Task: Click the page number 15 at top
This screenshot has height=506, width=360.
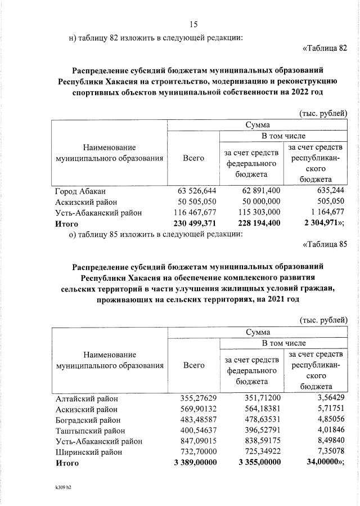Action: click(193, 24)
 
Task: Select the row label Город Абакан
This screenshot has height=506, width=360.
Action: click(80, 191)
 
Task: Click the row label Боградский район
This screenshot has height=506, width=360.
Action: click(89, 420)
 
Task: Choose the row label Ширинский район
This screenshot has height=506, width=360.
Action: click(88, 452)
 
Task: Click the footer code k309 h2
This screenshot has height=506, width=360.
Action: click(63, 487)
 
